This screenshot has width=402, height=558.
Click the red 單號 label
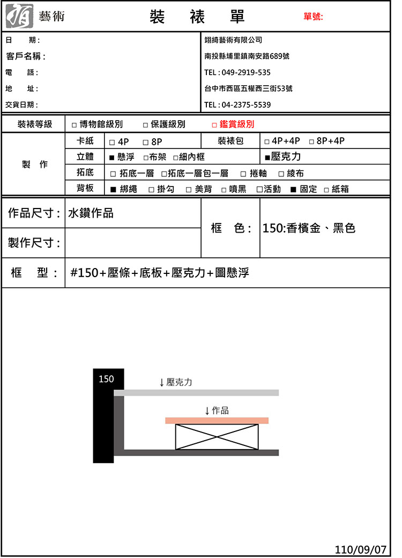point(313,17)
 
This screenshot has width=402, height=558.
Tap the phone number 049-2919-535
point(245,72)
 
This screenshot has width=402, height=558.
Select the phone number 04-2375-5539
point(246,105)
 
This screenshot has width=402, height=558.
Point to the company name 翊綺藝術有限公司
point(234,40)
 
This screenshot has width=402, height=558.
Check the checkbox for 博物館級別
point(74,125)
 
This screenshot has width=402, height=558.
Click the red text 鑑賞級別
point(237,124)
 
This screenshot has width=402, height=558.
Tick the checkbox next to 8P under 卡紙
point(146,142)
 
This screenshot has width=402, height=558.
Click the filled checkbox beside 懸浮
point(111,158)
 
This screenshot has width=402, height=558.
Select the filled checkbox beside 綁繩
point(113,189)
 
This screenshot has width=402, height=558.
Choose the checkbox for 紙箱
point(326,189)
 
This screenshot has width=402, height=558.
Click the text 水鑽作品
point(91,213)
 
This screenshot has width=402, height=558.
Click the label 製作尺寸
point(34,243)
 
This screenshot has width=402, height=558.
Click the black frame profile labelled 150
point(103,415)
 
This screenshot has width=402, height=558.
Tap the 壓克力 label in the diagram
point(179,382)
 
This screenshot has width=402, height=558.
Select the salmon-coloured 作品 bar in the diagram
point(217,420)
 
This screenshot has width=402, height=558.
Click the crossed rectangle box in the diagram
point(217,436)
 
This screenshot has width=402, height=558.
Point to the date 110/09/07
point(360,549)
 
